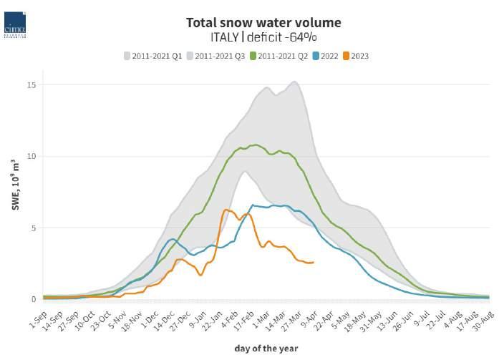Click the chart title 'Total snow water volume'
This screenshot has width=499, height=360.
tap(263, 23)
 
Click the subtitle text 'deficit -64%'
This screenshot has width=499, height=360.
tap(284, 38)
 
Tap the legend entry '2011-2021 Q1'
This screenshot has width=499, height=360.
tap(152, 56)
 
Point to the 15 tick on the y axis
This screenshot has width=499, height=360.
tap(32, 85)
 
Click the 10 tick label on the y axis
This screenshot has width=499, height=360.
tap(32, 156)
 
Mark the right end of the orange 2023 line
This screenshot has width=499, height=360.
tap(313, 262)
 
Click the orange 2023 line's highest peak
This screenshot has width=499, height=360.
tap(226, 210)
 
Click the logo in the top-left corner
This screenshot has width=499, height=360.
tap(15, 22)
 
